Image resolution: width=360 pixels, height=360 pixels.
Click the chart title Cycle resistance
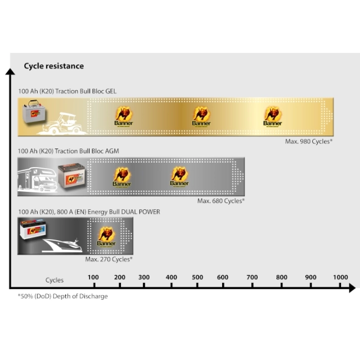54,66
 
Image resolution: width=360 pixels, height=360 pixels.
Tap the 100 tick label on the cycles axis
93,277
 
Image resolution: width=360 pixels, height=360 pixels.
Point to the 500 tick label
197,277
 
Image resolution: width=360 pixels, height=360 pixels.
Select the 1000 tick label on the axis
340,277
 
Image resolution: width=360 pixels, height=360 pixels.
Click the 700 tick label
252,277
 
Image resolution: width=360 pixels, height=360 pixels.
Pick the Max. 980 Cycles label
309,141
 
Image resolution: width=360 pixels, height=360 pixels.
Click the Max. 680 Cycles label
221,201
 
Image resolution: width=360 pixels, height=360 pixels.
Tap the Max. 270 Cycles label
109,259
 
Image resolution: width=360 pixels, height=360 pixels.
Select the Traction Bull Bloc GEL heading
67,91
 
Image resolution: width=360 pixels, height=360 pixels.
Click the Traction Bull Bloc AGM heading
69,151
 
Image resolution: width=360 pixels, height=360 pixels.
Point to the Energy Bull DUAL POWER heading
89,211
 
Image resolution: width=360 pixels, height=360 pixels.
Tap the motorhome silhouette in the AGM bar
37,179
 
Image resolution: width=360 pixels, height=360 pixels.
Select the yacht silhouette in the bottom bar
62,246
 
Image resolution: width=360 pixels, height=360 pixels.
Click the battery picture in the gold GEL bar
34,111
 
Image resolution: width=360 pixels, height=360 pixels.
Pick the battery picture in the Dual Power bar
33,229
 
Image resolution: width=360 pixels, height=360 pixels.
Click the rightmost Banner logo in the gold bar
272,116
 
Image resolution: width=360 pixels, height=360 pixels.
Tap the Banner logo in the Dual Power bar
106,237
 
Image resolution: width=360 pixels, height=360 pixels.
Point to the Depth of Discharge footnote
62,296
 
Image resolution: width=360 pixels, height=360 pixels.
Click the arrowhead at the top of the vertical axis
10,71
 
